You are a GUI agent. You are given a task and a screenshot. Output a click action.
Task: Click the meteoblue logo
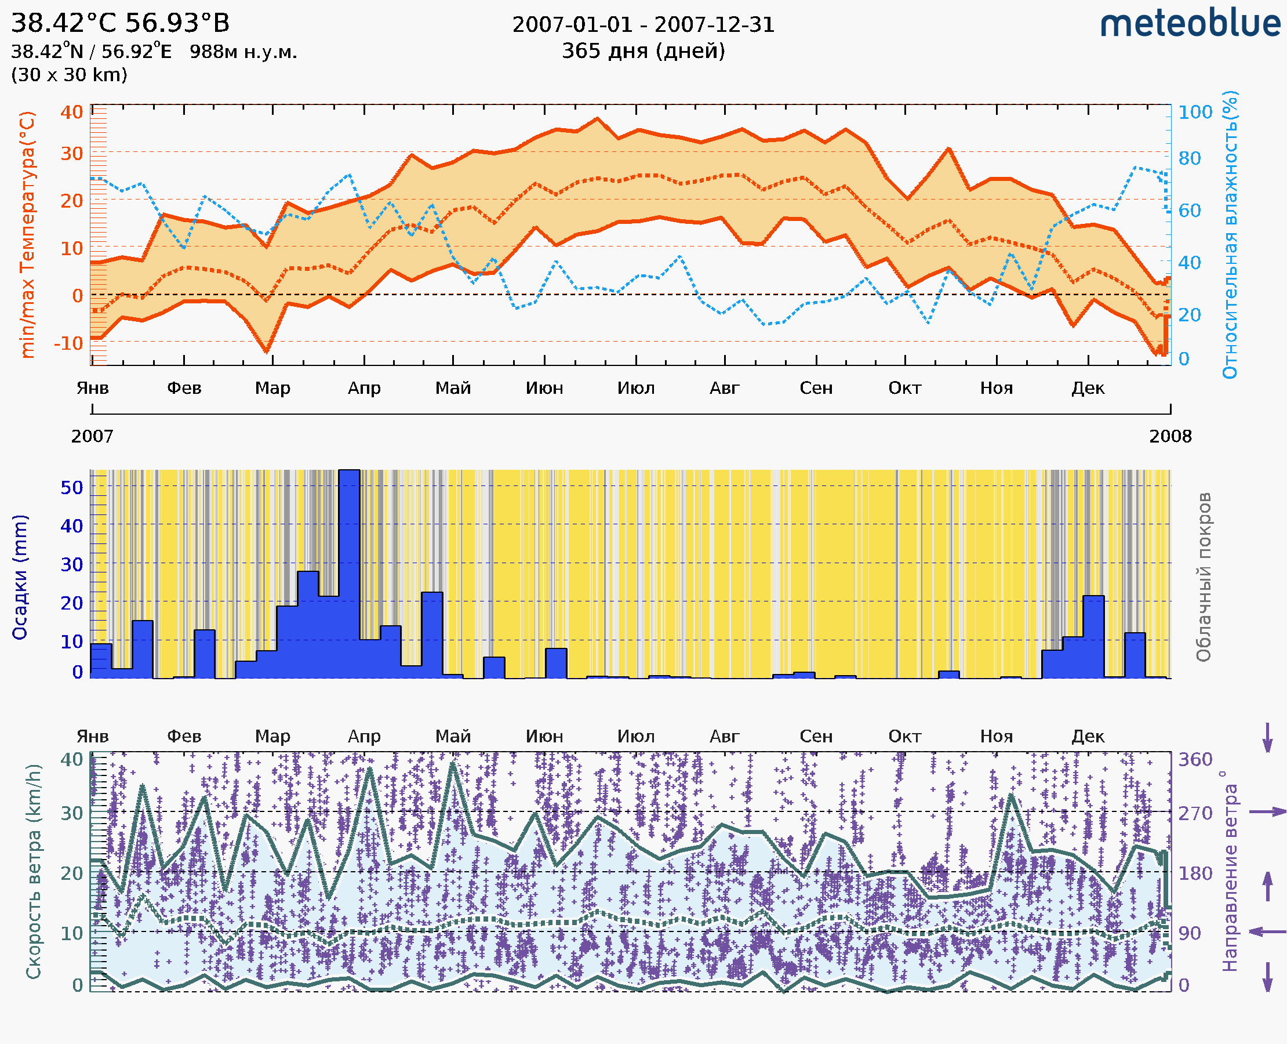tap(1190, 24)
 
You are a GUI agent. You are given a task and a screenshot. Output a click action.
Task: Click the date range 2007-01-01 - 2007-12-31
tap(643, 25)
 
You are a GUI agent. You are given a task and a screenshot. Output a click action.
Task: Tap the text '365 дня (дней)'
tap(643, 50)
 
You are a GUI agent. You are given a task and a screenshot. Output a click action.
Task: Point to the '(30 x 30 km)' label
tap(69, 75)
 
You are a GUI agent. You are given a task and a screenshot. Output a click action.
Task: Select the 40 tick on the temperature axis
tap(71, 113)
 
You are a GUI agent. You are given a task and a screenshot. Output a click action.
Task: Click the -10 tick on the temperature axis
tap(68, 343)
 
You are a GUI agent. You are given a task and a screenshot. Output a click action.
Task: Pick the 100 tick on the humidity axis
tap(1195, 113)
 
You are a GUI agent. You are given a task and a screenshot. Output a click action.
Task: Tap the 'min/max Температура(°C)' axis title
tap(27, 234)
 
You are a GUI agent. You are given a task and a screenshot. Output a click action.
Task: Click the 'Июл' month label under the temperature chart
tap(636, 388)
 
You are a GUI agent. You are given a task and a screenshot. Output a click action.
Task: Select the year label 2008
tap(1170, 436)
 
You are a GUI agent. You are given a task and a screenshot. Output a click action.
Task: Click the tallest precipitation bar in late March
tap(349, 574)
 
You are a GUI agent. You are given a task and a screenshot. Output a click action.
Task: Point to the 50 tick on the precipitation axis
tap(71, 488)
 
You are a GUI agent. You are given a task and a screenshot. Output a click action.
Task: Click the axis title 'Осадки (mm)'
tap(20, 577)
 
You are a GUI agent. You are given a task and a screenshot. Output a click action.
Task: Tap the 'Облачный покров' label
tap(1204, 577)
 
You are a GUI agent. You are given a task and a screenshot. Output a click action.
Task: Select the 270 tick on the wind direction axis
tap(1195, 813)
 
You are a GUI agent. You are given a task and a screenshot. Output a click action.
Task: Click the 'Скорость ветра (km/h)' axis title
tap(34, 871)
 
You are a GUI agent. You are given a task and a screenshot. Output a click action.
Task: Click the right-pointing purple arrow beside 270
tap(1267, 812)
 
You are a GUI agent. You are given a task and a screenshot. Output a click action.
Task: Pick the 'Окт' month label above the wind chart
tap(905, 737)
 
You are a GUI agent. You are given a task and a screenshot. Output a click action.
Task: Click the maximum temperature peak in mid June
tap(597, 118)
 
